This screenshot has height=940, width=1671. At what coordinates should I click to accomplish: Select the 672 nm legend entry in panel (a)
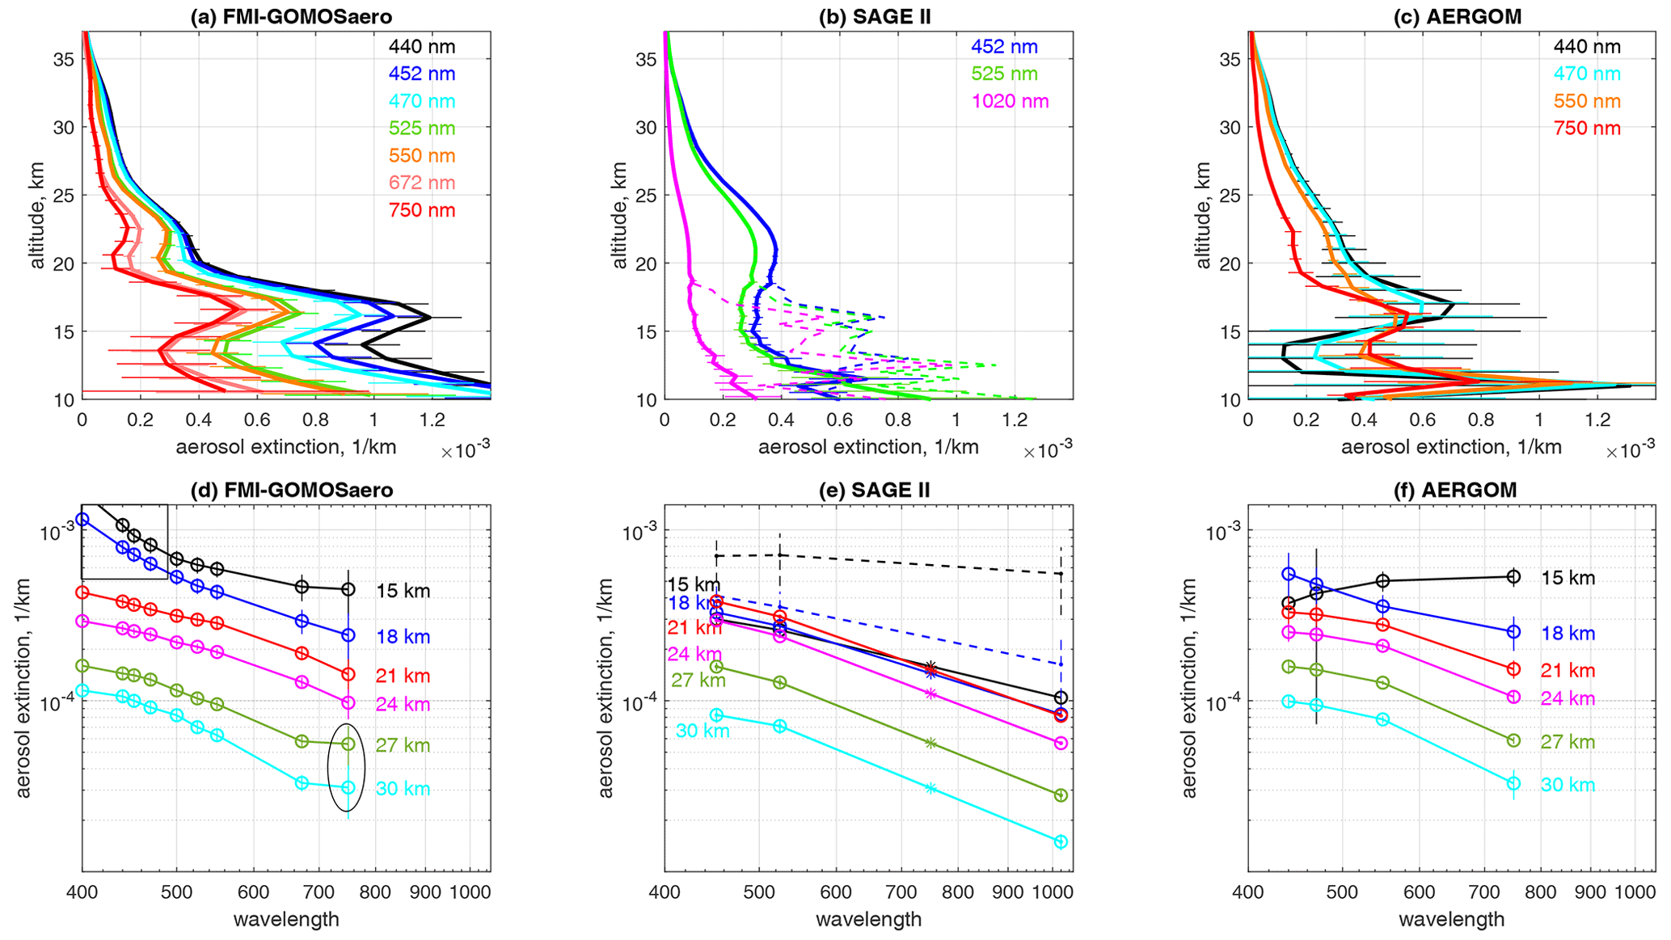(x=421, y=183)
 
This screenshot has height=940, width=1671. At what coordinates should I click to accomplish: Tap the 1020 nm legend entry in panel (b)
(x=1010, y=101)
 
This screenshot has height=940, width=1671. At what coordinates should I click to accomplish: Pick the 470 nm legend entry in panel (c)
(x=1586, y=74)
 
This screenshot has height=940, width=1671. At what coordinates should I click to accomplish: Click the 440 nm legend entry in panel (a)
(x=421, y=47)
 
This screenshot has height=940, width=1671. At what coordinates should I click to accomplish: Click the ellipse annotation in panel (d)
(x=347, y=766)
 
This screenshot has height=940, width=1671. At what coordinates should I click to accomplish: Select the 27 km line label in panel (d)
(x=403, y=745)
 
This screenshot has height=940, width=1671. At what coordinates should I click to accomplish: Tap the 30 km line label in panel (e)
(x=703, y=731)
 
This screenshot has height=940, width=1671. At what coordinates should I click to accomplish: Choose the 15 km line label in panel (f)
(x=1568, y=578)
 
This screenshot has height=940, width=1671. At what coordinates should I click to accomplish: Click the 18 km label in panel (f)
(x=1568, y=634)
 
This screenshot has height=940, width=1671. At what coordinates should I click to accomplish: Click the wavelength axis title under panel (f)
(x=1451, y=919)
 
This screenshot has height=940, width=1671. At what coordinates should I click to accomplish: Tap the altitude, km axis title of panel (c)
(x=1203, y=216)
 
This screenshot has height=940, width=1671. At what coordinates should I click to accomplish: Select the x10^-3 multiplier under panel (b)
(x=1048, y=452)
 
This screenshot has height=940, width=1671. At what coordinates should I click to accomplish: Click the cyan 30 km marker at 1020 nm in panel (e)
(x=1061, y=841)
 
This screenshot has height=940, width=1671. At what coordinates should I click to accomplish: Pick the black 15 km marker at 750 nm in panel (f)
(x=1513, y=577)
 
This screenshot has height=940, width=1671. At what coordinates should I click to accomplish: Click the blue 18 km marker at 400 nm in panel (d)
(x=82, y=520)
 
